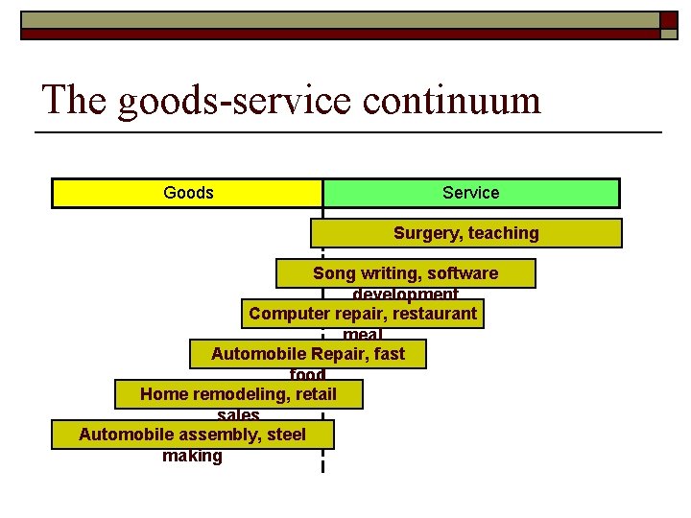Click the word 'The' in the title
[75, 100]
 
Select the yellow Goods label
[188, 193]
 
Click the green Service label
[470, 193]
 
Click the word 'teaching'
[504, 233]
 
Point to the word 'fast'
[390, 354]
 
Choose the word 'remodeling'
[238, 394]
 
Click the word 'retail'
[317, 394]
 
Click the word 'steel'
[286, 435]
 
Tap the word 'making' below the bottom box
[192, 456]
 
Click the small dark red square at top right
[669, 19]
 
